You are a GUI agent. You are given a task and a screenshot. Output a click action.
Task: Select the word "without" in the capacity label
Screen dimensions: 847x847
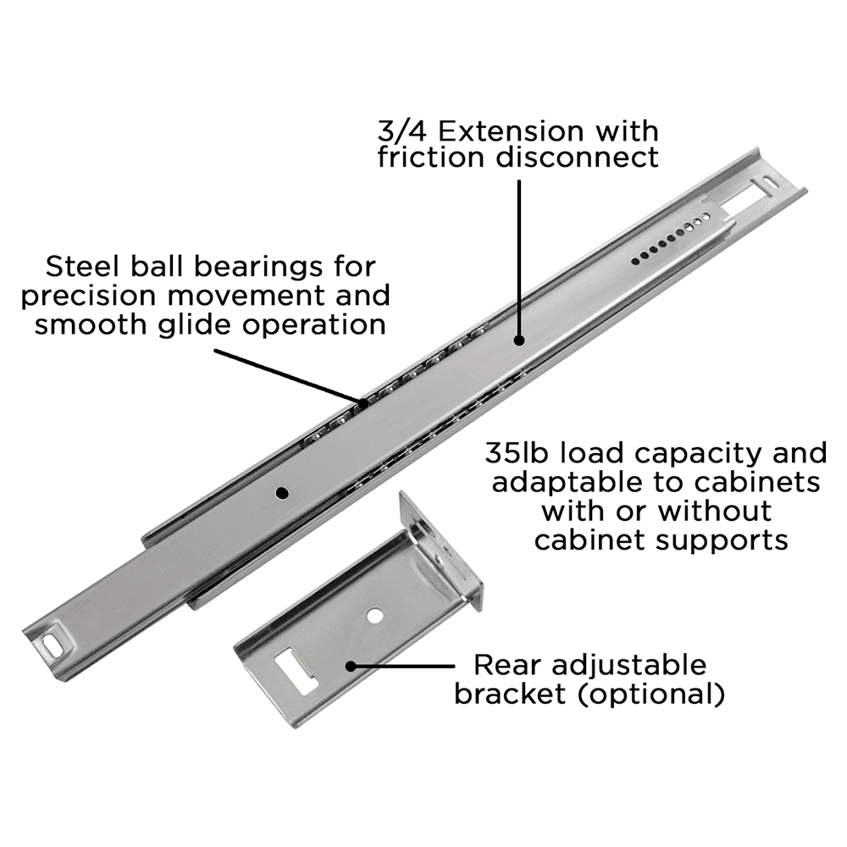coord(715,511)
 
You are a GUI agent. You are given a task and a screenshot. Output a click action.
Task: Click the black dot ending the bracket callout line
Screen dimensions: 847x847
coord(351,667)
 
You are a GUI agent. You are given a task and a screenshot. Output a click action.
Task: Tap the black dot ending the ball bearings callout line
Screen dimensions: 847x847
coord(364,402)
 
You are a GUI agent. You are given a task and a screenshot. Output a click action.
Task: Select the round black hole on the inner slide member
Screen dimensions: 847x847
coord(282,491)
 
